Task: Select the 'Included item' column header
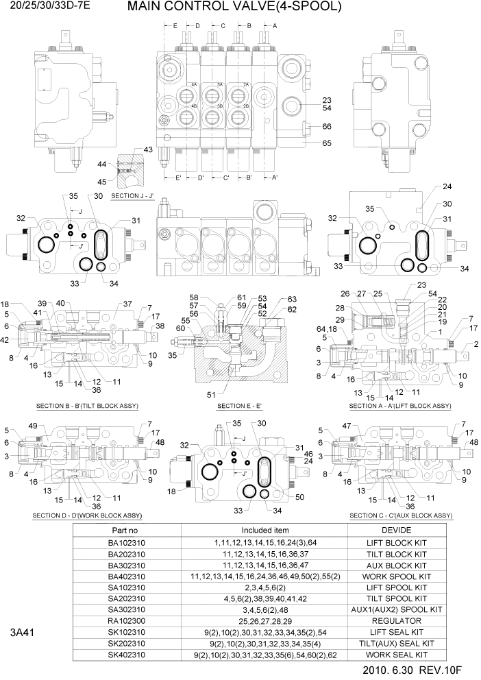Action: [264, 531]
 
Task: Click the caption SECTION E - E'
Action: [241, 406]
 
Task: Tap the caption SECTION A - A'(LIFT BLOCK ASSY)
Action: [400, 406]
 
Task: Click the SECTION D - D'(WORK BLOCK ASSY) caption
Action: [87, 515]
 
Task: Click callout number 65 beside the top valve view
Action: [327, 143]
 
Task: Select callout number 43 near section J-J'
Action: [148, 150]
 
